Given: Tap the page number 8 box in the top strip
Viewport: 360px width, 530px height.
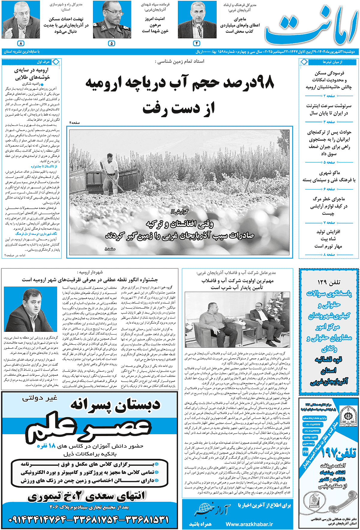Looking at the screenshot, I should pyautogui.click(x=21, y=43).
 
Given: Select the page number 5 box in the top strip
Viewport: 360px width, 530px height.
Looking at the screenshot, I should pyautogui.click(x=112, y=43).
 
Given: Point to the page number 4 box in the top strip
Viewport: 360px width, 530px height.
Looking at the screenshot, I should pyautogui.click(x=197, y=43).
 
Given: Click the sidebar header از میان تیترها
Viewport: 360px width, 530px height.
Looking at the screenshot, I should pyautogui.click(x=332, y=62).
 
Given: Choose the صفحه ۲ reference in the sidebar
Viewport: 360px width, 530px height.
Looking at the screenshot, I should pyautogui.click(x=329, y=96).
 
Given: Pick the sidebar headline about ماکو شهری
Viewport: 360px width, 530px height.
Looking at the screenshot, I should pyautogui.click(x=329, y=176).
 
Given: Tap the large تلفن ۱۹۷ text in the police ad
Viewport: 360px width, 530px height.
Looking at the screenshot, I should pyautogui.click(x=337, y=452).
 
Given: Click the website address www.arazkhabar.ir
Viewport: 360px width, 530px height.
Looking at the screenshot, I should pyautogui.click(x=249, y=524).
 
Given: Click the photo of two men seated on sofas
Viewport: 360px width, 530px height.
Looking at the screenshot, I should pyautogui.click(x=237, y=320).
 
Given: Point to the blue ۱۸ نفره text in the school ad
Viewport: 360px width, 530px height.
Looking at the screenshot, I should pyautogui.click(x=46, y=446).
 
